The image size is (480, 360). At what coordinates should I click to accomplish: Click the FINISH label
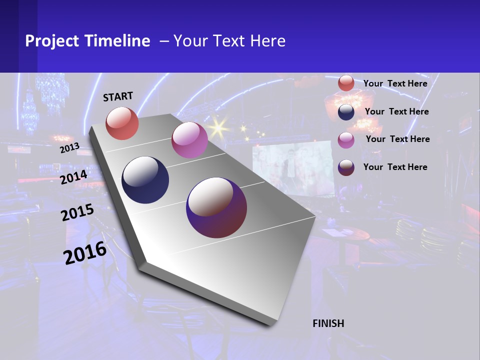click(x=328, y=323)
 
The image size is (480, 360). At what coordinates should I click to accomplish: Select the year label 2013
click(x=69, y=148)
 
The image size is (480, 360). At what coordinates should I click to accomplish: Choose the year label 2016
click(x=85, y=253)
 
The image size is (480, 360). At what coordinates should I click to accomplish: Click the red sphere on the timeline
click(x=122, y=123)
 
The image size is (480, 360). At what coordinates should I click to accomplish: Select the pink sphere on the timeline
click(x=189, y=140)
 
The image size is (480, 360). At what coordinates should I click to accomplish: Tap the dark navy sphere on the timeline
click(x=145, y=180)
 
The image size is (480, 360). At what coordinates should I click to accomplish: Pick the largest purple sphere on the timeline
click(x=216, y=207)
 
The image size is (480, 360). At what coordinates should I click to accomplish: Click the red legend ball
click(x=346, y=83)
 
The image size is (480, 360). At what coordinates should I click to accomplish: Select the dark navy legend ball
click(x=346, y=112)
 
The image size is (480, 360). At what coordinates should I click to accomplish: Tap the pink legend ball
click(x=346, y=140)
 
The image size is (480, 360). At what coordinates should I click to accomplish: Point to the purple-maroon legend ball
click(x=346, y=167)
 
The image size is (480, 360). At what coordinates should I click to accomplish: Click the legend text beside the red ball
click(x=395, y=83)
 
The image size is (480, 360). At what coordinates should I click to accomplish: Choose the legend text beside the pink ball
click(x=397, y=139)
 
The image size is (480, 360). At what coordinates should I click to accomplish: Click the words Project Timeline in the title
click(x=87, y=41)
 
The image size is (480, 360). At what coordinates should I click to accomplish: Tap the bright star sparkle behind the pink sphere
click(x=218, y=128)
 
